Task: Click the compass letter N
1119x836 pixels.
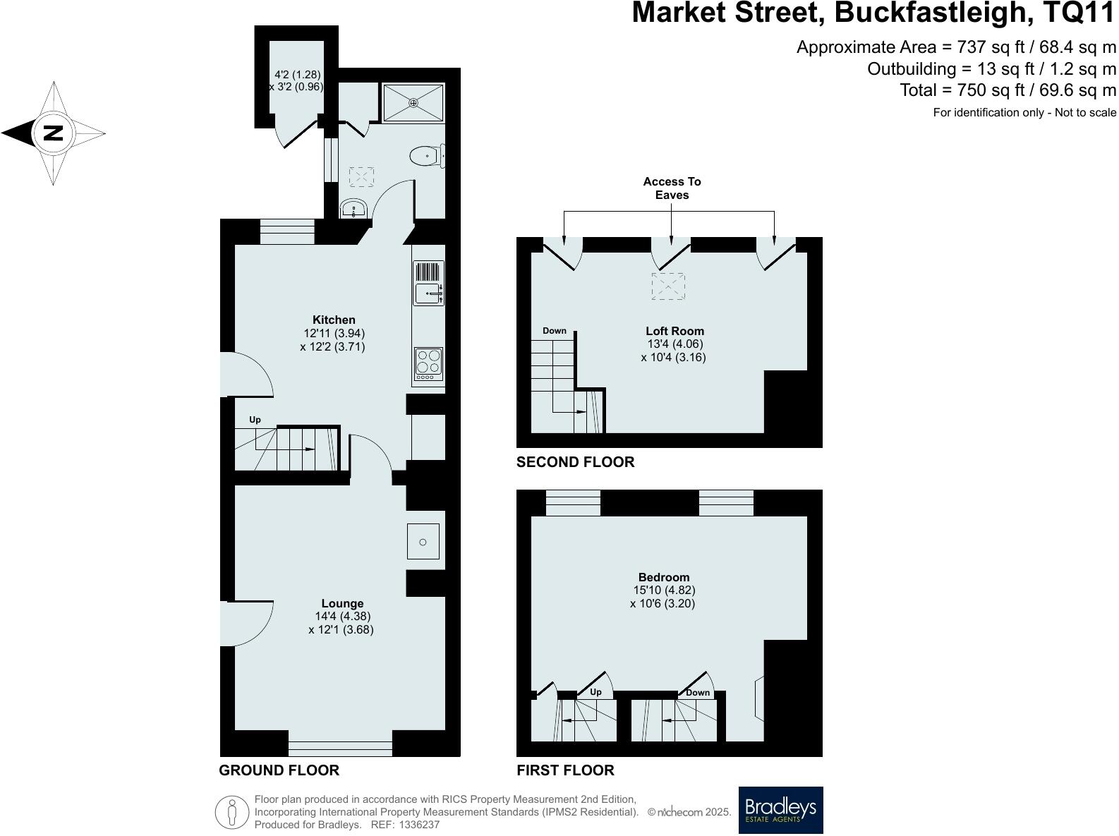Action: point(53,133)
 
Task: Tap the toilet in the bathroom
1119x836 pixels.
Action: point(425,155)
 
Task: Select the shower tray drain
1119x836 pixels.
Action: point(413,102)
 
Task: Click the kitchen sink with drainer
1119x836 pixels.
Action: point(428,284)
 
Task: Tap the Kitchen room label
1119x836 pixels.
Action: point(334,320)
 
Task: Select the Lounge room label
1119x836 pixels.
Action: point(342,603)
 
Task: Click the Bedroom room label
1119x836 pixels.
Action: point(663,577)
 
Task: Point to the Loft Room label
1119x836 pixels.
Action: point(675,331)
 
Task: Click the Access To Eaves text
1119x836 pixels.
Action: point(672,188)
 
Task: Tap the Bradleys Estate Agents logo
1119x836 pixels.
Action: point(780,810)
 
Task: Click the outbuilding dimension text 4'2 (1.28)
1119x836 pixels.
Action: point(297,74)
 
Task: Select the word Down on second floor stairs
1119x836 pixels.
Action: point(555,331)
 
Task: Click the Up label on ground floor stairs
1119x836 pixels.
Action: point(255,420)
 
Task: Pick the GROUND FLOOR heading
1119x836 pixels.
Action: point(279,770)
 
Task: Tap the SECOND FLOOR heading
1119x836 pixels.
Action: point(575,462)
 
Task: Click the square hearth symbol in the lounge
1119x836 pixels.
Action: point(423,542)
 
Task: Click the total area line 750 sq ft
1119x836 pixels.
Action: point(1008,90)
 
